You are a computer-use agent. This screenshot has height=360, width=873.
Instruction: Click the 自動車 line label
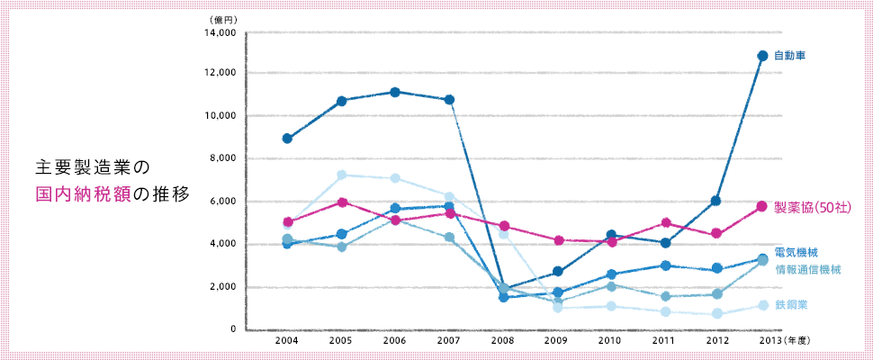(x=789, y=56)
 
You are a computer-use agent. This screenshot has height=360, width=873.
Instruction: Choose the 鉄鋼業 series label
(x=791, y=305)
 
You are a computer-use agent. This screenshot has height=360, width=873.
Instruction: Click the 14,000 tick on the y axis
(x=220, y=33)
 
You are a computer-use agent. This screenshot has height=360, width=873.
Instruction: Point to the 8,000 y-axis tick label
(x=222, y=158)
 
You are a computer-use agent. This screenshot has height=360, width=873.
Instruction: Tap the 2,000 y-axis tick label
(x=222, y=287)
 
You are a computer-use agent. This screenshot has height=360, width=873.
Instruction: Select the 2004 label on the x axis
(x=287, y=342)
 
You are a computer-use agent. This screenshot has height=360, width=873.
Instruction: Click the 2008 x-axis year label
(x=504, y=342)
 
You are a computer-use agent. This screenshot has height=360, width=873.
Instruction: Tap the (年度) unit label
(x=799, y=342)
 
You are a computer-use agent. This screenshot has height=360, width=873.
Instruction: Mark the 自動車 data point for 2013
(x=762, y=56)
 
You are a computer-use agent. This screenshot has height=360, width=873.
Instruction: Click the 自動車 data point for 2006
(x=395, y=92)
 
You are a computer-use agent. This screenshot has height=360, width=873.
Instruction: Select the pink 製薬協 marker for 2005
(x=341, y=202)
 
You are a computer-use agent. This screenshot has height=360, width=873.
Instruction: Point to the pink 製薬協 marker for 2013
(x=761, y=206)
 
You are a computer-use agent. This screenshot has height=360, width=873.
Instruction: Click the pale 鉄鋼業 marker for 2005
(x=341, y=175)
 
